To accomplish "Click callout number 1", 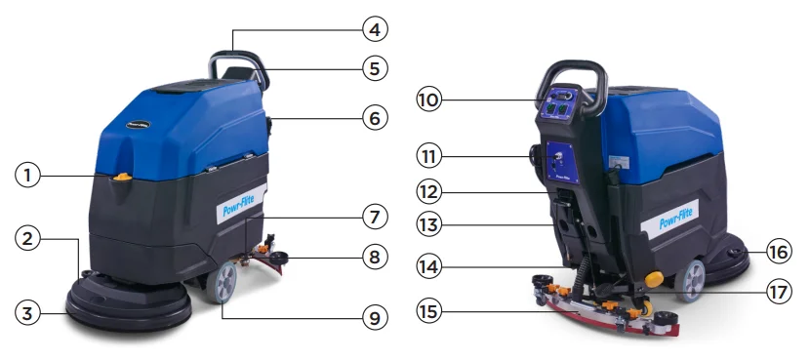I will [28, 176].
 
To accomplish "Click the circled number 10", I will [429, 99].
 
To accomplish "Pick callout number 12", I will [429, 190].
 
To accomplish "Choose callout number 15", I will [429, 312].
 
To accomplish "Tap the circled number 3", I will [28, 313].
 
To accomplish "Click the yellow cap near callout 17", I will [651, 279].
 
